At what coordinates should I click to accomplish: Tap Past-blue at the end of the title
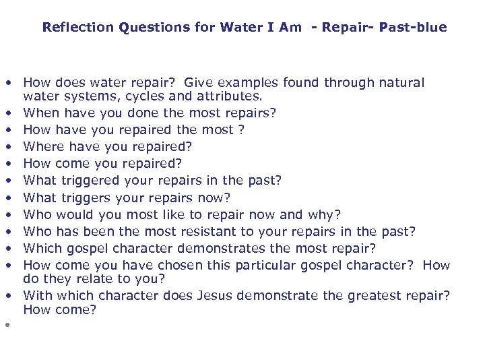coord(413,28)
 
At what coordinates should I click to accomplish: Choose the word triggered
coord(89,181)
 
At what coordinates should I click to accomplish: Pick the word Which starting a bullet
coord(42,248)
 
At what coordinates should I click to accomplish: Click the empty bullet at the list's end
coord(7,324)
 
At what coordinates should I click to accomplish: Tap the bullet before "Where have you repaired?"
coord(7,146)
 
